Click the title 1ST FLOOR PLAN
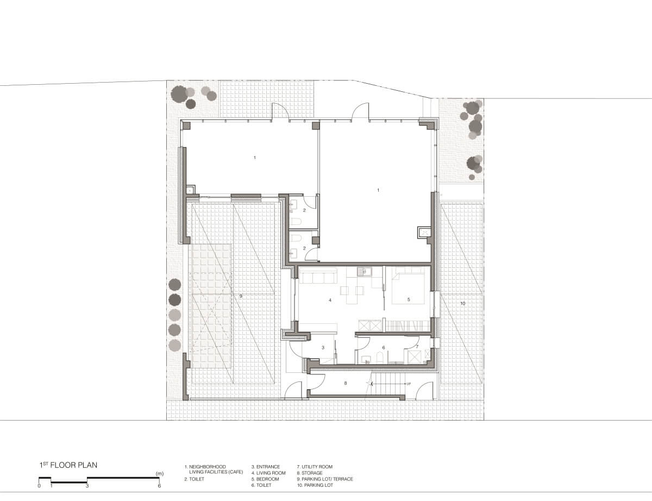click(x=68, y=465)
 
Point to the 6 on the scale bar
click(x=159, y=486)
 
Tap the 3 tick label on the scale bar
click(x=87, y=486)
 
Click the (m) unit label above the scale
click(x=160, y=474)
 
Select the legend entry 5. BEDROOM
click(x=265, y=479)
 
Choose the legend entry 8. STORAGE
click(x=310, y=473)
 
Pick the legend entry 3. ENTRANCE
click(x=266, y=467)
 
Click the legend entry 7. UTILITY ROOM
click(x=315, y=467)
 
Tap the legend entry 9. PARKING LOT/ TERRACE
click(x=325, y=479)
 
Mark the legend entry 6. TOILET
click(x=261, y=485)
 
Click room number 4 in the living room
click(x=330, y=300)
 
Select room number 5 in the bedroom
click(x=409, y=299)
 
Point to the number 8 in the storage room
click(x=346, y=383)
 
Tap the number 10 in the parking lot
click(x=463, y=303)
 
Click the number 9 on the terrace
click(x=241, y=296)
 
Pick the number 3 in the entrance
click(x=323, y=348)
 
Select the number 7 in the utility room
click(x=417, y=347)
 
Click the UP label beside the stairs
click(x=409, y=384)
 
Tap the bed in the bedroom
click(x=408, y=286)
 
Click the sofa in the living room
click(x=318, y=275)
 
